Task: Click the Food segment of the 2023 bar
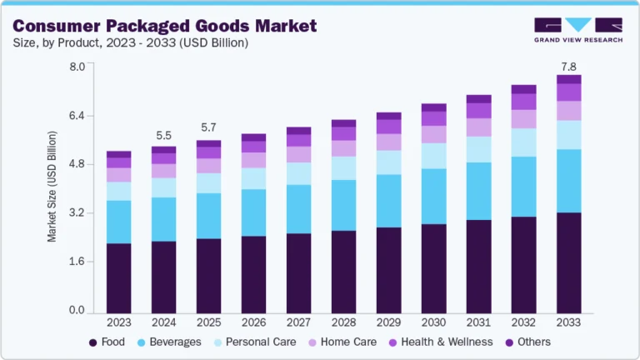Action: pyautogui.click(x=118, y=277)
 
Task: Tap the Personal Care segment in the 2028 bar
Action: pyautogui.click(x=343, y=167)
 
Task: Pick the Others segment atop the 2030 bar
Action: pyautogui.click(x=433, y=107)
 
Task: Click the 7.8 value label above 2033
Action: pyautogui.click(x=568, y=67)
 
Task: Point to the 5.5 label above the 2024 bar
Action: pyautogui.click(x=163, y=136)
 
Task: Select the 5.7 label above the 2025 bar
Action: pyautogui.click(x=208, y=127)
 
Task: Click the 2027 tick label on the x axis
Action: pyautogui.click(x=298, y=322)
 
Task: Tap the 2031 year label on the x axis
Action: pyautogui.click(x=478, y=322)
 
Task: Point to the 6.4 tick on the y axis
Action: pyautogui.click(x=77, y=115)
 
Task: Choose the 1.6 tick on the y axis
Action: pyautogui.click(x=77, y=262)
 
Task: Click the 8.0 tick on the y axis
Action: pyautogui.click(x=77, y=67)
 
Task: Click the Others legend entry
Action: pyautogui.click(x=527, y=342)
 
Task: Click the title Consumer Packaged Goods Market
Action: pyautogui.click(x=164, y=26)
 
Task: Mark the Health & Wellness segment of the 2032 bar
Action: pyautogui.click(x=523, y=102)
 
